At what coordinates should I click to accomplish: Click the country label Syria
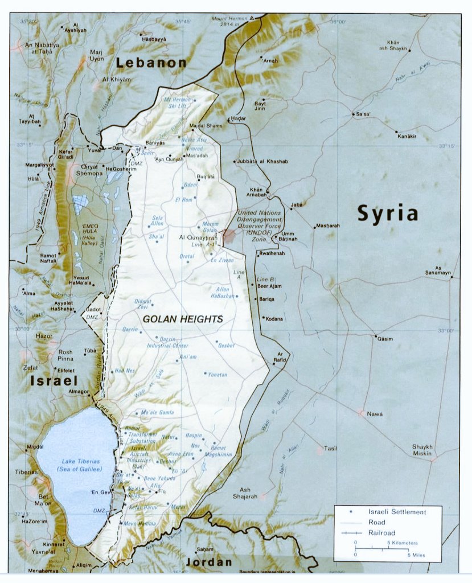387,214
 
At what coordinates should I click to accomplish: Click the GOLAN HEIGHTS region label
182,319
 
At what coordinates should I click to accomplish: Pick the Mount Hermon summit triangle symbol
251,19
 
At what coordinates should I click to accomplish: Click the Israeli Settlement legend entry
397,512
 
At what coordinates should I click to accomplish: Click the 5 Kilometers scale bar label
404,543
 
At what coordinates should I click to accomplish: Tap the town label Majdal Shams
206,125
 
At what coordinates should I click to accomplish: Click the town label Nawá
375,414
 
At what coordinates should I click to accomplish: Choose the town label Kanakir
407,136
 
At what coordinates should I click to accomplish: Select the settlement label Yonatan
217,375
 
